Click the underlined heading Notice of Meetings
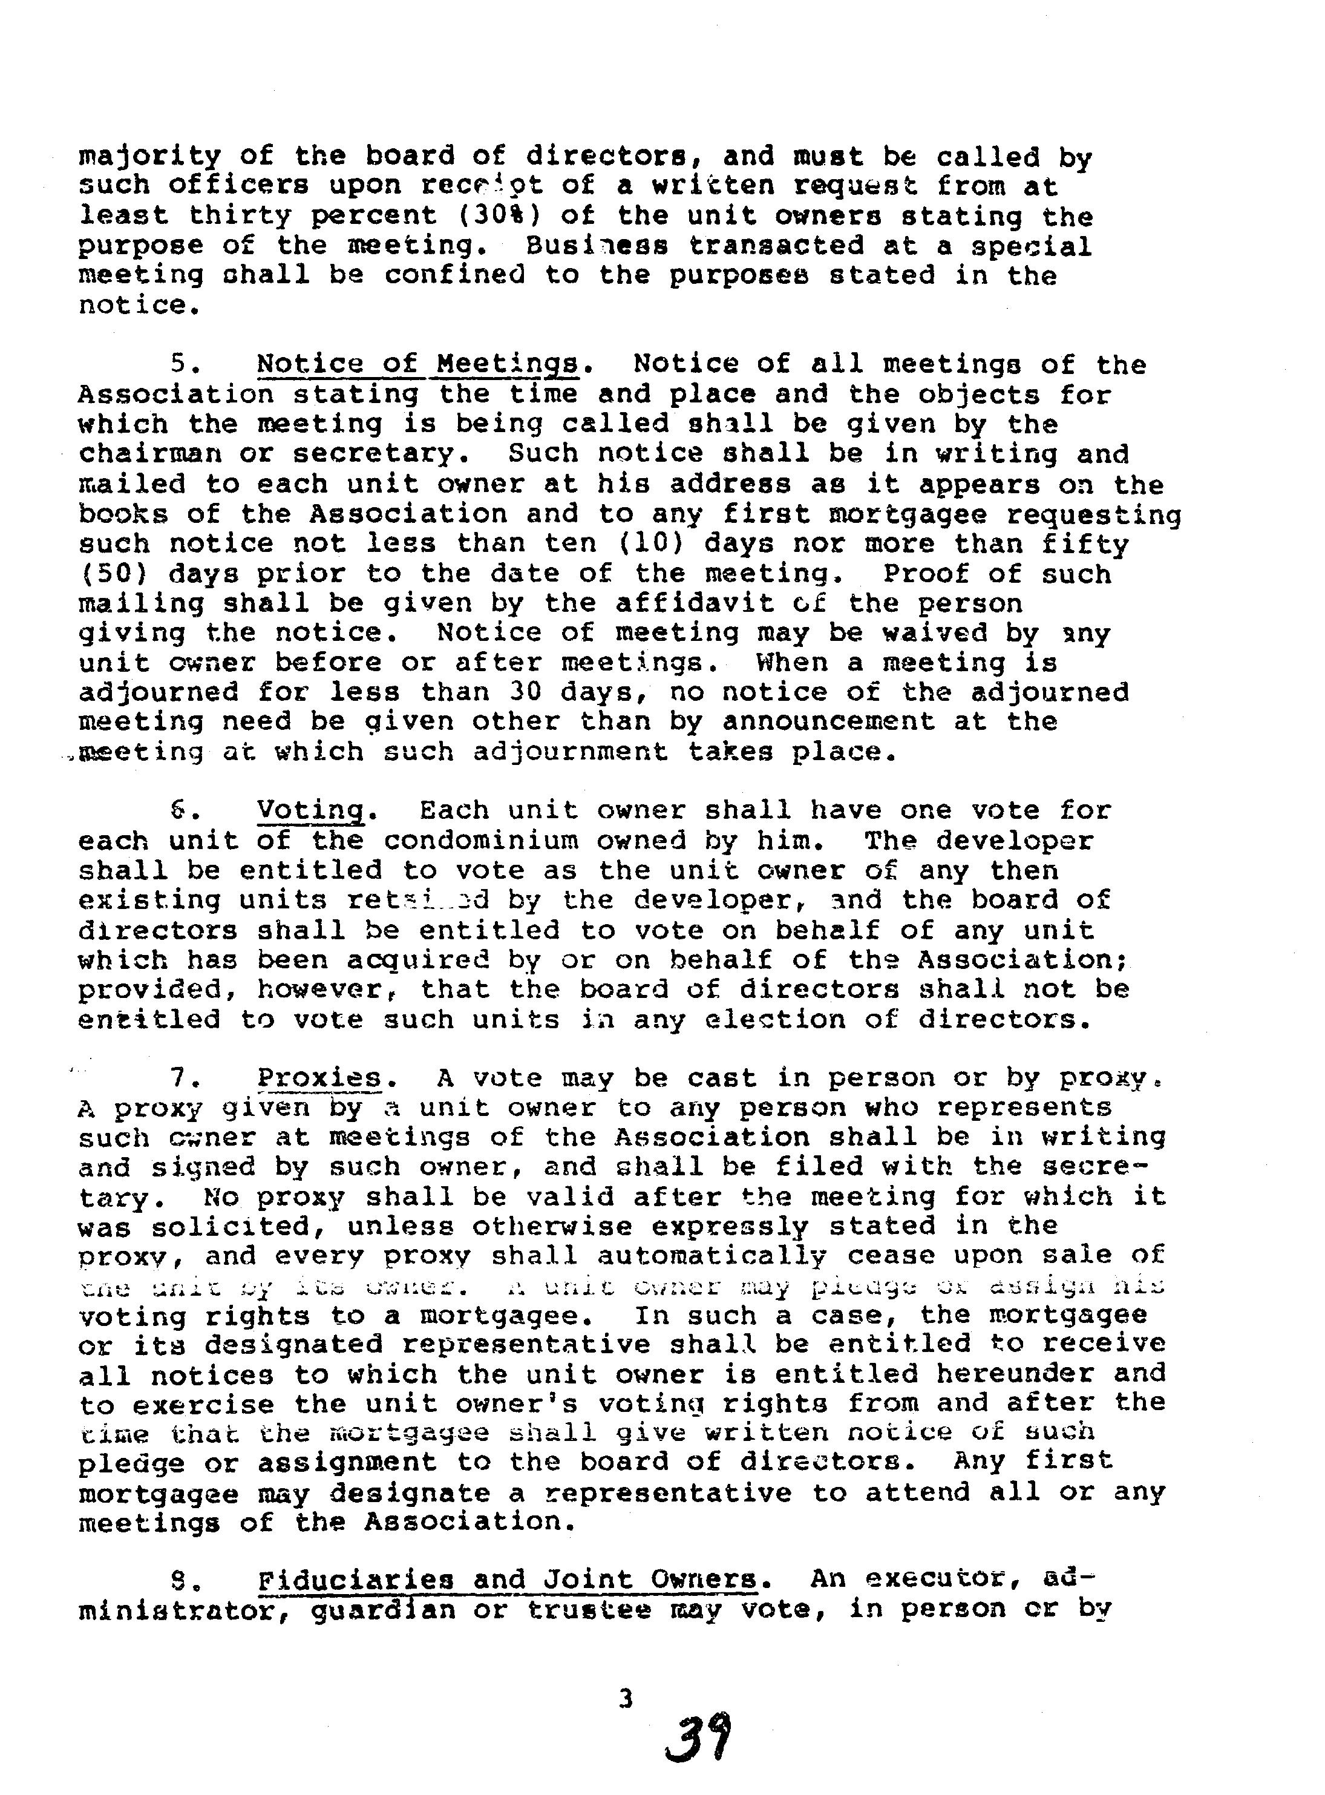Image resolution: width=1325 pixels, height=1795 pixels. pyautogui.click(x=416, y=364)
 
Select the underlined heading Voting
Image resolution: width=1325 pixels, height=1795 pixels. pyautogui.click(x=310, y=810)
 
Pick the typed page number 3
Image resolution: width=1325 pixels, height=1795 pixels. pyautogui.click(x=626, y=1698)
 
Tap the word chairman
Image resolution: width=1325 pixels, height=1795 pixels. pyautogui.click(x=149, y=454)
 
